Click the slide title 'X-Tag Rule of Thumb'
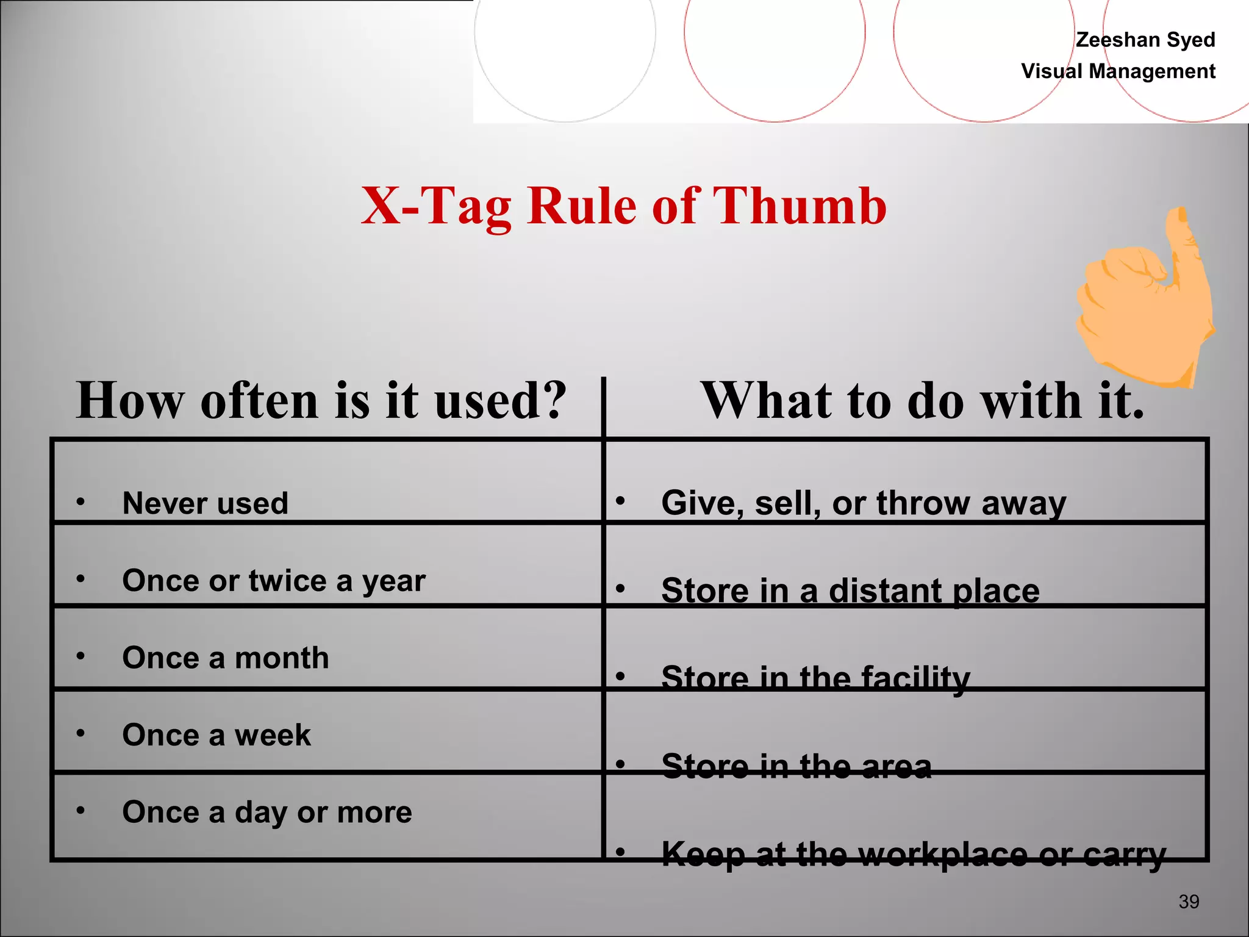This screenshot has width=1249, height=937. [x=623, y=206]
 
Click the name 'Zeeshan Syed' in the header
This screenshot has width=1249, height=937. [x=1145, y=40]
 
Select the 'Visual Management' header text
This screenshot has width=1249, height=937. [x=1118, y=71]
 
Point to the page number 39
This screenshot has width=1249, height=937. [x=1189, y=902]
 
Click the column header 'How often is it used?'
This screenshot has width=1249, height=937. [x=321, y=401]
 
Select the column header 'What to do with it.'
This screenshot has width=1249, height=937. [x=923, y=401]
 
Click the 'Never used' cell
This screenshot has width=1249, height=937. [x=205, y=503]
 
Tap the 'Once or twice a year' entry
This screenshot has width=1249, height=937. [x=273, y=581]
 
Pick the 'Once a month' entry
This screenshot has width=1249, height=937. [x=225, y=658]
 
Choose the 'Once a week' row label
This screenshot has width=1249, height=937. [x=216, y=734]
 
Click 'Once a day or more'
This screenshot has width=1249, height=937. [x=267, y=812]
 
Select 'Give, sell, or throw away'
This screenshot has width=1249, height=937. [x=864, y=503]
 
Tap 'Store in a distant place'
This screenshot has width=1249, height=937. [x=850, y=591]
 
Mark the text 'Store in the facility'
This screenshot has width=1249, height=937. [x=815, y=678]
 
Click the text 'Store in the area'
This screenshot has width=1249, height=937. [x=796, y=766]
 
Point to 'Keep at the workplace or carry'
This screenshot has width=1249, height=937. [x=914, y=853]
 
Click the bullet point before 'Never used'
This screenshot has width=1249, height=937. [x=81, y=502]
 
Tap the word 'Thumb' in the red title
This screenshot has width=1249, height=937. [x=799, y=206]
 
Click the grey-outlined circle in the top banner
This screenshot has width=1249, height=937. [x=565, y=37]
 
